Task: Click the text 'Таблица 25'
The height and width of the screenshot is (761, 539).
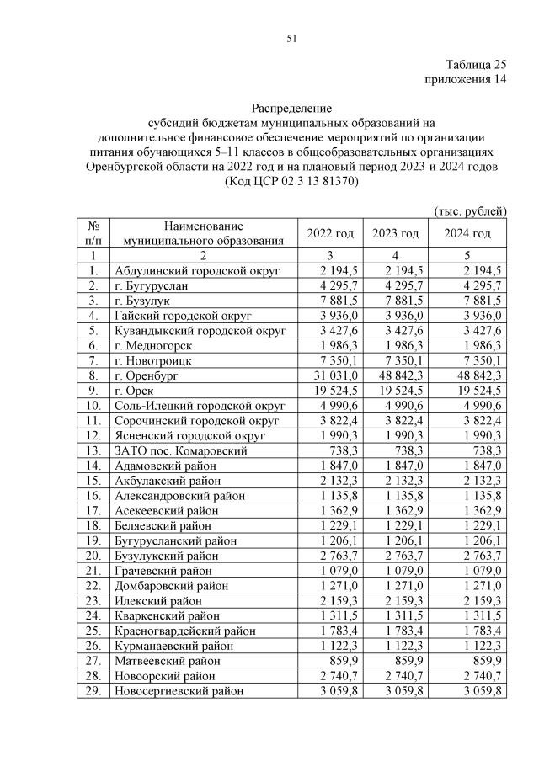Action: [x=477, y=65]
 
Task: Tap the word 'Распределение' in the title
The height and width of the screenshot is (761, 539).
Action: [x=292, y=108]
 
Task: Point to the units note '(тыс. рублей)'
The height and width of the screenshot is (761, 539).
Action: [x=470, y=209]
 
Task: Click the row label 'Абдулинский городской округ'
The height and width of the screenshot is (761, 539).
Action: [x=196, y=270]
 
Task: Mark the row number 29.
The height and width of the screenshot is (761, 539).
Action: [x=93, y=690]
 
